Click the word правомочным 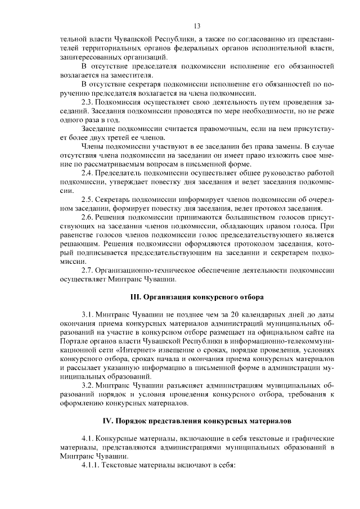point(200,128)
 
